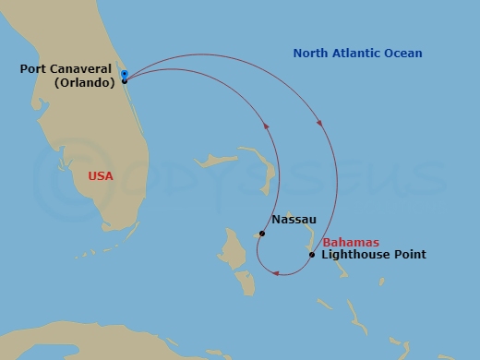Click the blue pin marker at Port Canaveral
(x=124, y=73)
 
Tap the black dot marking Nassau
(x=262, y=234)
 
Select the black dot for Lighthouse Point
(x=312, y=255)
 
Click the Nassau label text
(x=294, y=220)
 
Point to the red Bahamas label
(x=351, y=242)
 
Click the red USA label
(x=101, y=174)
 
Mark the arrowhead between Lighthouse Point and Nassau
(x=276, y=272)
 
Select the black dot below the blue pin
(x=125, y=81)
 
